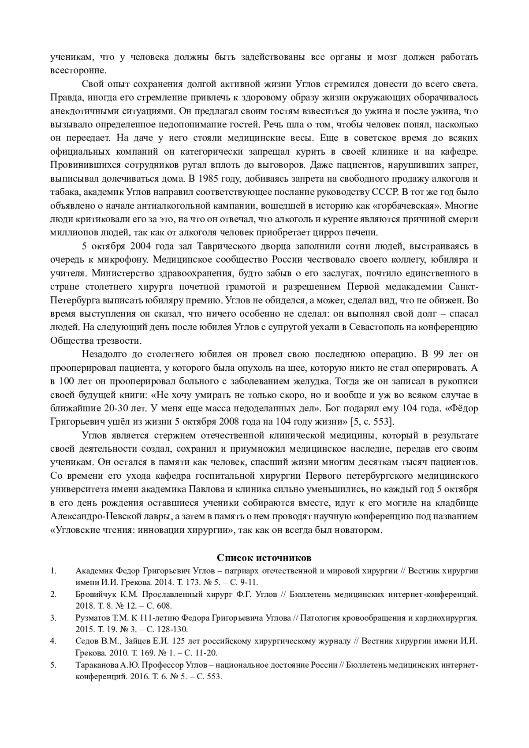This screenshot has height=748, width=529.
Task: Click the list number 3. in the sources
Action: click(53, 618)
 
